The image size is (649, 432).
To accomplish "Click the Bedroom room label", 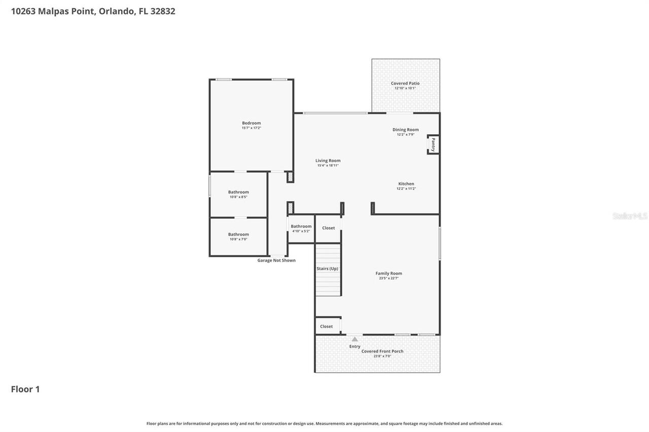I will [251, 123].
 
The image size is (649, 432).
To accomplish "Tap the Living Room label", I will [328, 161].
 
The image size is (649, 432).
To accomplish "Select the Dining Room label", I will [406, 130].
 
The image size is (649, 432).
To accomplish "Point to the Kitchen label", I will [406, 184].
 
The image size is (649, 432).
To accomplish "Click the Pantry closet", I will [433, 144].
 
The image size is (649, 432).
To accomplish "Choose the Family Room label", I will [388, 273].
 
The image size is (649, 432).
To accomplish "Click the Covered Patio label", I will [405, 84].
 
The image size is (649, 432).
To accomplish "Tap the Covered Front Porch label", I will [382, 351].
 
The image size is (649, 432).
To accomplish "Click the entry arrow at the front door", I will [354, 339].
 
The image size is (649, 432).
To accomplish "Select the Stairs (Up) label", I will [327, 268].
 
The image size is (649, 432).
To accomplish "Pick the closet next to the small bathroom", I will [329, 228].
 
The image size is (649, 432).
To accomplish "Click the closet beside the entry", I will [327, 326].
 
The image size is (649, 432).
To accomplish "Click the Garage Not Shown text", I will [276, 260].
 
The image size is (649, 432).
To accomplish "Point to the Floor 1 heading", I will [25, 389].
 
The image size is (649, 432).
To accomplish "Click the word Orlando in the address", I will [116, 11].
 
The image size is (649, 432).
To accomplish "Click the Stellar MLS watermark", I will [630, 216].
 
